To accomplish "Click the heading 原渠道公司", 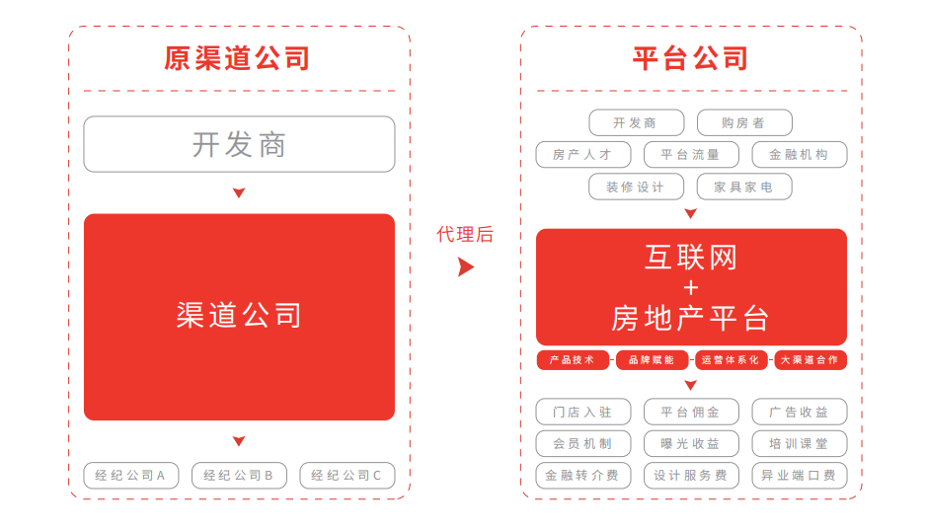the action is (237, 58).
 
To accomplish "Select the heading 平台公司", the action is (691, 58).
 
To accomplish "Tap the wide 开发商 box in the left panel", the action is (239, 144).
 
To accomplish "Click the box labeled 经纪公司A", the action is (131, 475).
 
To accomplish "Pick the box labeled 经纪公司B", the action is (239, 475).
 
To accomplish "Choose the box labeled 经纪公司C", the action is (347, 475).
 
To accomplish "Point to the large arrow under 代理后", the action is (465, 267).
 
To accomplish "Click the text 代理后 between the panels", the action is (465, 234).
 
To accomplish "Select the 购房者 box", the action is (744, 122).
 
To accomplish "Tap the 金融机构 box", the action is (800, 155).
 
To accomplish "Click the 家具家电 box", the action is (744, 187).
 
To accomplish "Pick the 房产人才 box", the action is (582, 155).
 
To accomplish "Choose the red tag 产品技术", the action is (573, 359).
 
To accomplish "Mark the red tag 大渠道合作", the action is (809, 359).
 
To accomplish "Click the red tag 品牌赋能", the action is (652, 359).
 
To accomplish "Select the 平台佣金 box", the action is (691, 412).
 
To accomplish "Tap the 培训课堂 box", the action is (800, 443).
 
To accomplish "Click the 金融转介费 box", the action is (582, 475).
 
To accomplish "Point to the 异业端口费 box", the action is (800, 475).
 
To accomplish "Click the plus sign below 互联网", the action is (691, 287).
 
